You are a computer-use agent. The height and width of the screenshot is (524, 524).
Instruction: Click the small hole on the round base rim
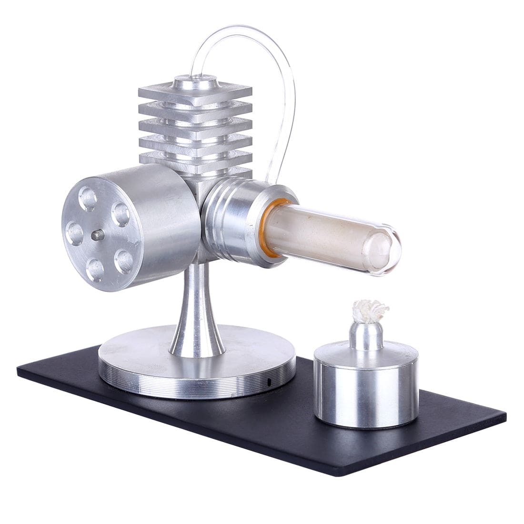pyautogui.click(x=270, y=382)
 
